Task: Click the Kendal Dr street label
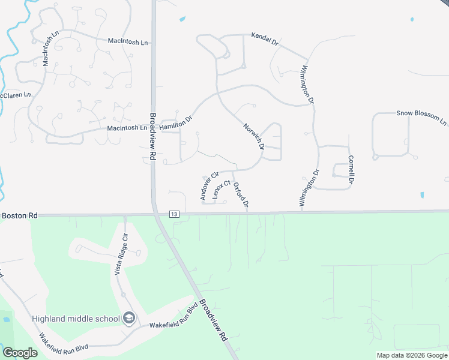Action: (265, 40)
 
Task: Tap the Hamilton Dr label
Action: (175, 123)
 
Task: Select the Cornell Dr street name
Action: (351, 170)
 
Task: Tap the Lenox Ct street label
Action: (221, 188)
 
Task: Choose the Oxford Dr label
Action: (241, 196)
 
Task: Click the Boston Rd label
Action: (19, 215)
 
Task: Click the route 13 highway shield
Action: (174, 214)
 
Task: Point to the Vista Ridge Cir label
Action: (120, 254)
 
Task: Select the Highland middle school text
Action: (76, 319)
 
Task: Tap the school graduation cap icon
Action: (128, 318)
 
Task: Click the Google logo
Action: (20, 353)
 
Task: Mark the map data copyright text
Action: (412, 355)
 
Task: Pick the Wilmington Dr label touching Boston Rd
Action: (307, 188)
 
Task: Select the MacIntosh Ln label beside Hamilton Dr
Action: (127, 128)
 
